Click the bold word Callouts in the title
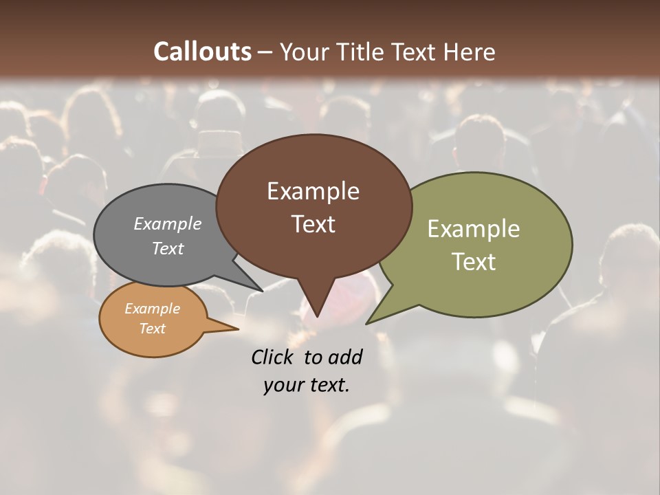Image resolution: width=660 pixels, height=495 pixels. [x=202, y=52]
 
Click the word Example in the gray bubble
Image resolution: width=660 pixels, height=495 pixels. [x=168, y=223]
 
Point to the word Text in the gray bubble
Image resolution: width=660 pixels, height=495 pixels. [x=168, y=248]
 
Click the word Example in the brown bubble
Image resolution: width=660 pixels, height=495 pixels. [x=313, y=191]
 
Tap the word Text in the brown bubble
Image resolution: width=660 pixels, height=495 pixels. [x=313, y=223]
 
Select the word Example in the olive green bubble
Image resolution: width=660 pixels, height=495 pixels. [x=474, y=229]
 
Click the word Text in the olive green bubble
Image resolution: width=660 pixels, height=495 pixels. [x=474, y=261]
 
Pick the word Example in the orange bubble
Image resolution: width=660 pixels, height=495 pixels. [x=153, y=309]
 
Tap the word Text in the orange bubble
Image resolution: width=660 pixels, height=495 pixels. [x=153, y=328]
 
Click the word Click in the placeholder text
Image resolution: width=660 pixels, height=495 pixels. [x=274, y=357]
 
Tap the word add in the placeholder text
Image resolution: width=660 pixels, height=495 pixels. [x=345, y=357]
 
